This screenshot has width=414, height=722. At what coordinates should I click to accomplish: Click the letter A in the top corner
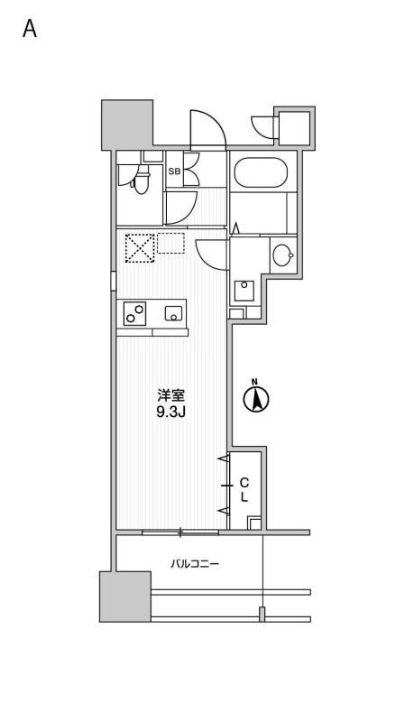(30, 29)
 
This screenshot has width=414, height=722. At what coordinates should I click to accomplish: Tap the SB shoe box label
(174, 171)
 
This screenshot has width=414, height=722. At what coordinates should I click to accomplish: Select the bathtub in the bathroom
(261, 172)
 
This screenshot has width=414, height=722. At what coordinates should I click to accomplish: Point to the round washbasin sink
(282, 255)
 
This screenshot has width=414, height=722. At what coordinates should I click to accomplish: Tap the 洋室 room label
(171, 395)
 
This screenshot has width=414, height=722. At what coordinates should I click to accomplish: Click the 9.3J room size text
(170, 412)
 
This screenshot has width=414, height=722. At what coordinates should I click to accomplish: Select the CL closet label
(244, 489)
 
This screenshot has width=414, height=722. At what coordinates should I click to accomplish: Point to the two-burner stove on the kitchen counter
(134, 313)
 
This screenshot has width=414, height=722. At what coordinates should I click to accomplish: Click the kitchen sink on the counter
(175, 313)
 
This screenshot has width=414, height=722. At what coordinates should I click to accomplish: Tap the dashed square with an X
(140, 247)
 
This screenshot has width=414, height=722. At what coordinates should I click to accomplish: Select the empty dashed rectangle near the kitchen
(170, 243)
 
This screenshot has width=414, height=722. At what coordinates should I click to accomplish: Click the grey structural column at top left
(127, 125)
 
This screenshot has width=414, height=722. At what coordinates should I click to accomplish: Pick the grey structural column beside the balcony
(125, 597)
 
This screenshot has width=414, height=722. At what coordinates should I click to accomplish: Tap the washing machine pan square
(244, 291)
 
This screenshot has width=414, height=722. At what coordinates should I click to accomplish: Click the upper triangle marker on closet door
(223, 458)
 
